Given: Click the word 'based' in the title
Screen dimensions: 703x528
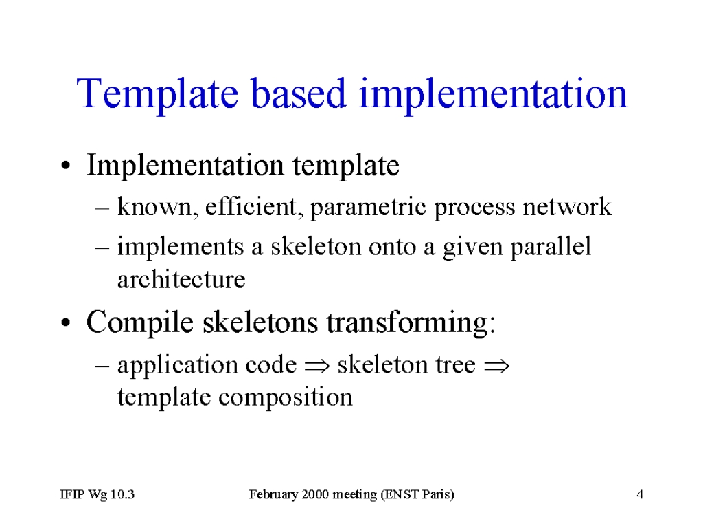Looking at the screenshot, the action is tap(298, 93).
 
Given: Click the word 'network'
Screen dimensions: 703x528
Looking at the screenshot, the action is tap(567, 206).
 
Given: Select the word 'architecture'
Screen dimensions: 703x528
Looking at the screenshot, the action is tap(181, 280).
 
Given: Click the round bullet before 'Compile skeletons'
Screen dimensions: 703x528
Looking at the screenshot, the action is tap(66, 323).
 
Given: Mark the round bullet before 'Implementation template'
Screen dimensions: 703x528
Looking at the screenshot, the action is tap(66, 165).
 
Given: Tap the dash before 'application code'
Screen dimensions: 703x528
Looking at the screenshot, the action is tap(102, 366).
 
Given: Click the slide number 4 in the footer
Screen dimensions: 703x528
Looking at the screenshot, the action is tap(640, 494).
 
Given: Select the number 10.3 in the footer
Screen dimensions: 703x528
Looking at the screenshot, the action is tap(122, 494).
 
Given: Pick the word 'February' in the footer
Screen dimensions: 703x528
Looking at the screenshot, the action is tap(273, 495).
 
